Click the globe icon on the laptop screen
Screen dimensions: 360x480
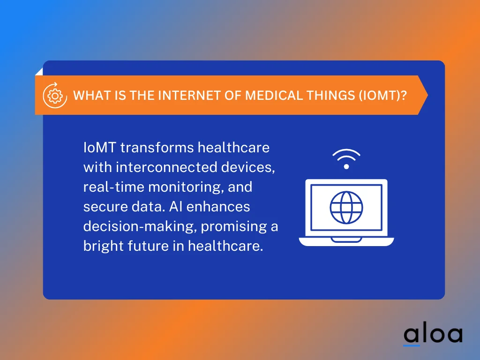pyautogui.click(x=346, y=207)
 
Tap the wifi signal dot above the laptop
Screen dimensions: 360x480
pyautogui.click(x=346, y=166)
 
